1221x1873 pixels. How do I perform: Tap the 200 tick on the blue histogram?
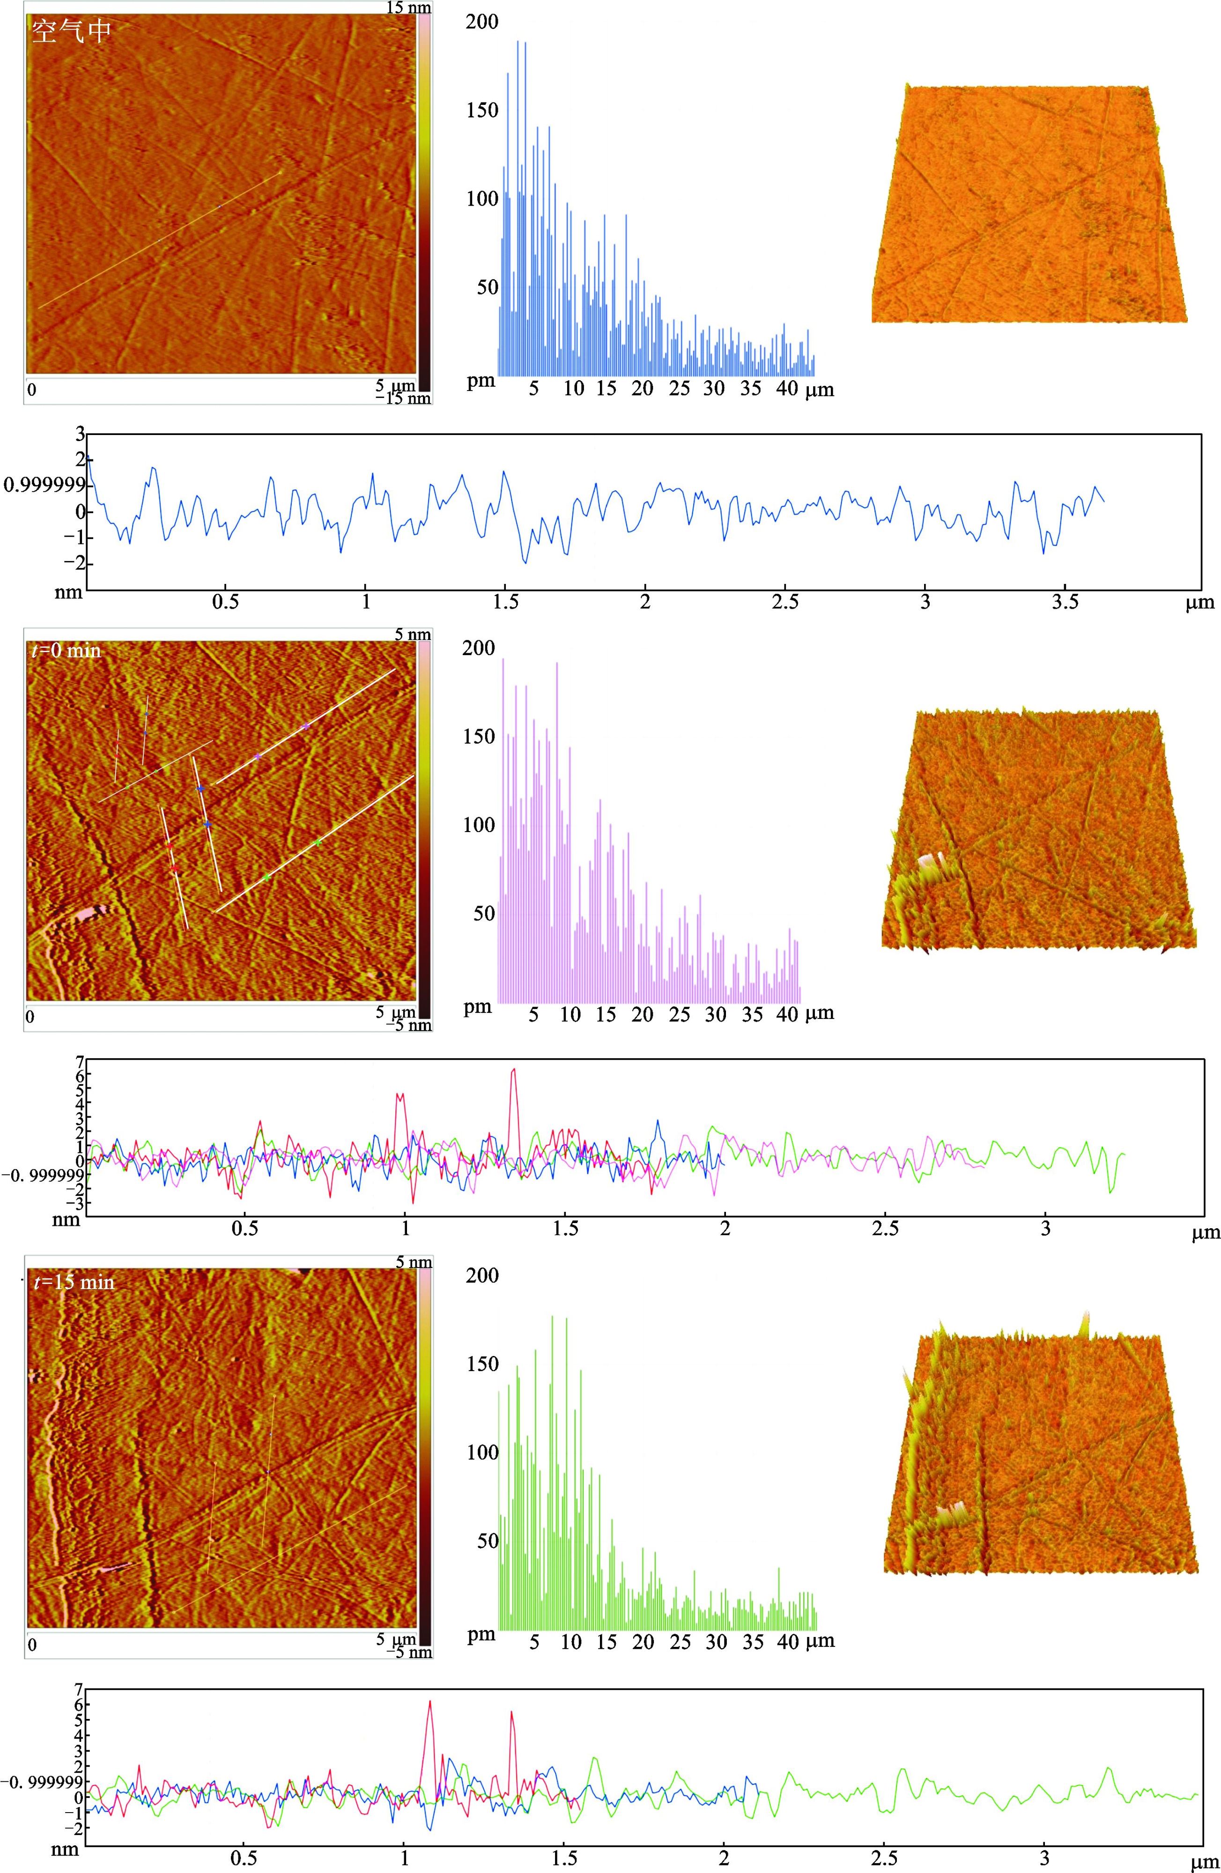(482, 21)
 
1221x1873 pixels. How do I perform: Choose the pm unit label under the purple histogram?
(478, 1007)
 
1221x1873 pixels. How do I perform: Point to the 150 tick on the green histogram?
(482, 1363)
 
